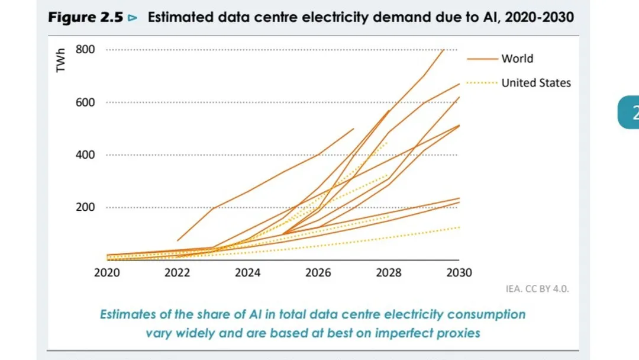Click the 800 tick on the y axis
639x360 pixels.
(x=85, y=49)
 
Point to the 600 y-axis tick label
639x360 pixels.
(x=85, y=102)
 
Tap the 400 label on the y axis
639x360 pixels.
(x=85, y=155)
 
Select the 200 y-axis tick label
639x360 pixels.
(x=85, y=207)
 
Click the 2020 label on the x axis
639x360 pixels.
(x=106, y=273)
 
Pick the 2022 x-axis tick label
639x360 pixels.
(x=177, y=273)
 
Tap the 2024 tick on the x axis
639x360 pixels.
(x=248, y=273)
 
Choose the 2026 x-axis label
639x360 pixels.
(x=318, y=273)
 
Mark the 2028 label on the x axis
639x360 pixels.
(x=389, y=273)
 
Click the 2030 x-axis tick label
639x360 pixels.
(x=459, y=273)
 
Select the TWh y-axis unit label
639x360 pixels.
(x=60, y=60)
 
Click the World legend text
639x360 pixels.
(x=517, y=59)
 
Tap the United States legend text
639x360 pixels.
(x=536, y=83)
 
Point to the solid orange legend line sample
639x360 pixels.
(x=483, y=59)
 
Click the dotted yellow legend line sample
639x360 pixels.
(x=483, y=83)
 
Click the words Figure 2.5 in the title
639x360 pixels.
(x=86, y=18)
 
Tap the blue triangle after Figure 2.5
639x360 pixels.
(x=133, y=18)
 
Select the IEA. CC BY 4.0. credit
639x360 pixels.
(x=537, y=289)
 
